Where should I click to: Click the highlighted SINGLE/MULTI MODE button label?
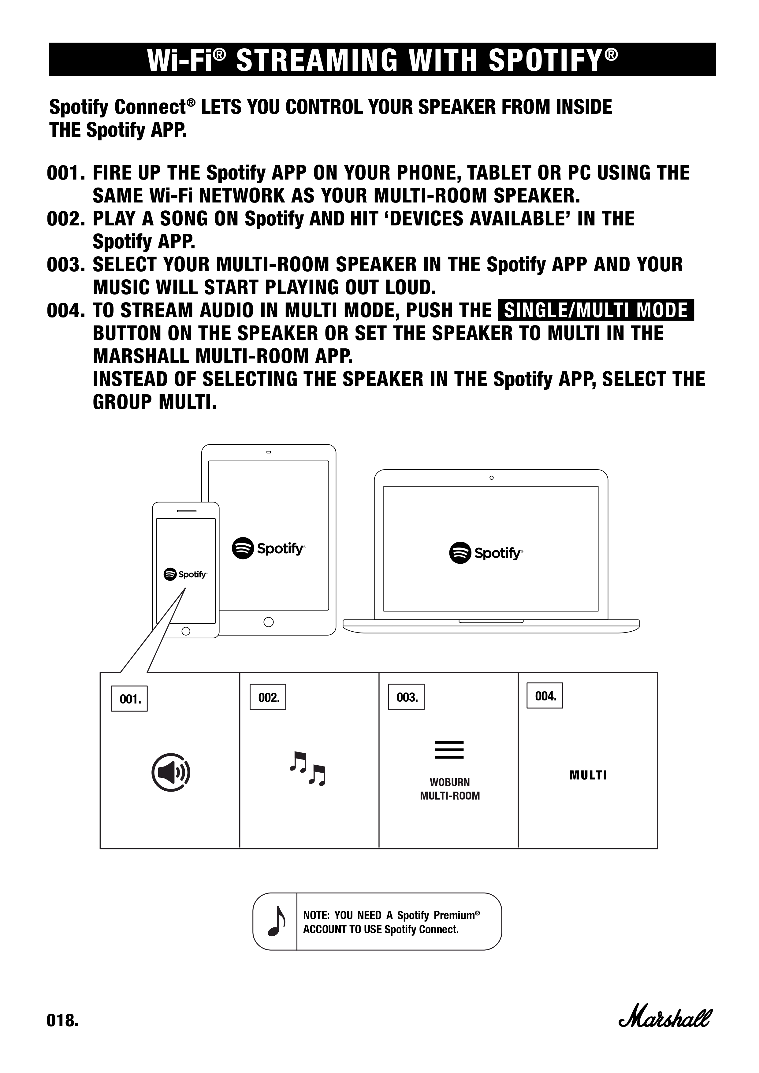click(596, 310)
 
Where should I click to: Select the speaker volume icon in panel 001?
click(171, 772)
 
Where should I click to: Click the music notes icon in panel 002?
click(307, 768)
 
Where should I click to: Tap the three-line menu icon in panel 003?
click(449, 750)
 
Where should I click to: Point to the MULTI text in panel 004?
click(588, 775)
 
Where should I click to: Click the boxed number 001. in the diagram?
click(129, 699)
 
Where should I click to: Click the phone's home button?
click(186, 631)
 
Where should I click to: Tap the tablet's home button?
click(268, 622)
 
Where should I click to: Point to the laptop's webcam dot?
click(491, 477)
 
